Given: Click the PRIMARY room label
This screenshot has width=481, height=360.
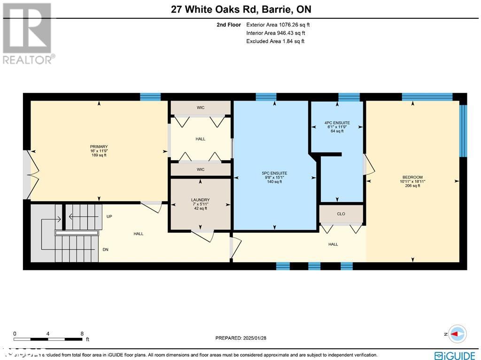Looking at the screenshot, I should (x=99, y=147).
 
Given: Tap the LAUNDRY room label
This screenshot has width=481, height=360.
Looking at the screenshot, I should (x=200, y=200).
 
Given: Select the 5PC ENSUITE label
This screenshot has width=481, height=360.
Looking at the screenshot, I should (x=274, y=173).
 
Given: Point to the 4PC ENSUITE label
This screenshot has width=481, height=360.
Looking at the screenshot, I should (x=337, y=123).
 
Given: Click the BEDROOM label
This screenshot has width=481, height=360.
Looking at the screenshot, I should (x=412, y=177).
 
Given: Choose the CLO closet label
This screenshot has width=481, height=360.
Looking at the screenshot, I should (x=341, y=214).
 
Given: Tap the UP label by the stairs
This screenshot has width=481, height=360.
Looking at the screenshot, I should (x=109, y=217).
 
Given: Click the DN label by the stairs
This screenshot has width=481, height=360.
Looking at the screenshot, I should (x=106, y=250).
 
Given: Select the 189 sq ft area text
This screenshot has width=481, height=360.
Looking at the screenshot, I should (x=99, y=155).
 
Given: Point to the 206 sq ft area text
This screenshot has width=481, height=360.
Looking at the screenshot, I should (x=412, y=186).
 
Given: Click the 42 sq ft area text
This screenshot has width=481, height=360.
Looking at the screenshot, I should (x=200, y=208).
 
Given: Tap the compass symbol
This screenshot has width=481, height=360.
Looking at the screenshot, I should (x=457, y=334).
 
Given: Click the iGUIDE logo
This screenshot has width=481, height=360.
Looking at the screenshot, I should (x=454, y=355).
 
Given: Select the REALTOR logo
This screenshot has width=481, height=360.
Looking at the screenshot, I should (x=28, y=33).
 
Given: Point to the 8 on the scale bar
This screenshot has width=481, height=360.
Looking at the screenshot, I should (x=82, y=333).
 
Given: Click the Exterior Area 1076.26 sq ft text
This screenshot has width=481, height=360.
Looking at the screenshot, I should (x=278, y=24).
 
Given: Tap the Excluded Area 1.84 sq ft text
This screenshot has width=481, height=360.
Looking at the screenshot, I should (x=275, y=41).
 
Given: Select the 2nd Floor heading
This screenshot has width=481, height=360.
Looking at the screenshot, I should (x=228, y=24).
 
